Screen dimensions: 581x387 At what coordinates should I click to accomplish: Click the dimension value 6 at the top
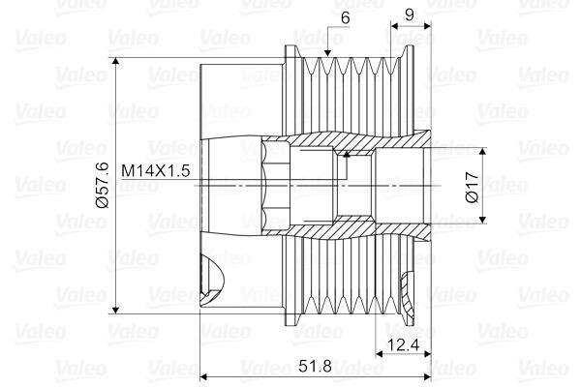tap(345, 17)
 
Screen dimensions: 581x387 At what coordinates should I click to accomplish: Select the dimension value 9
tap(409, 15)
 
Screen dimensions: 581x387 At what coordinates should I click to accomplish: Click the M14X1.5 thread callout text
tap(156, 170)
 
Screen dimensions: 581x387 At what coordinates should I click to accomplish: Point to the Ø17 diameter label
tap(473, 187)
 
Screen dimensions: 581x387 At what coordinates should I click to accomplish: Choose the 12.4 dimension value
tap(403, 344)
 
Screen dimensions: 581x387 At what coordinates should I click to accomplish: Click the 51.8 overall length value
tap(315, 366)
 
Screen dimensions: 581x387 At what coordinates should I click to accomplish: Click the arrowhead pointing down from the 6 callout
tap(327, 53)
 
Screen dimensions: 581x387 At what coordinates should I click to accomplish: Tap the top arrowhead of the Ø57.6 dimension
tap(116, 62)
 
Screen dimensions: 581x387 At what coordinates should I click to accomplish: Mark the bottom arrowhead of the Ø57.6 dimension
tap(116, 309)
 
